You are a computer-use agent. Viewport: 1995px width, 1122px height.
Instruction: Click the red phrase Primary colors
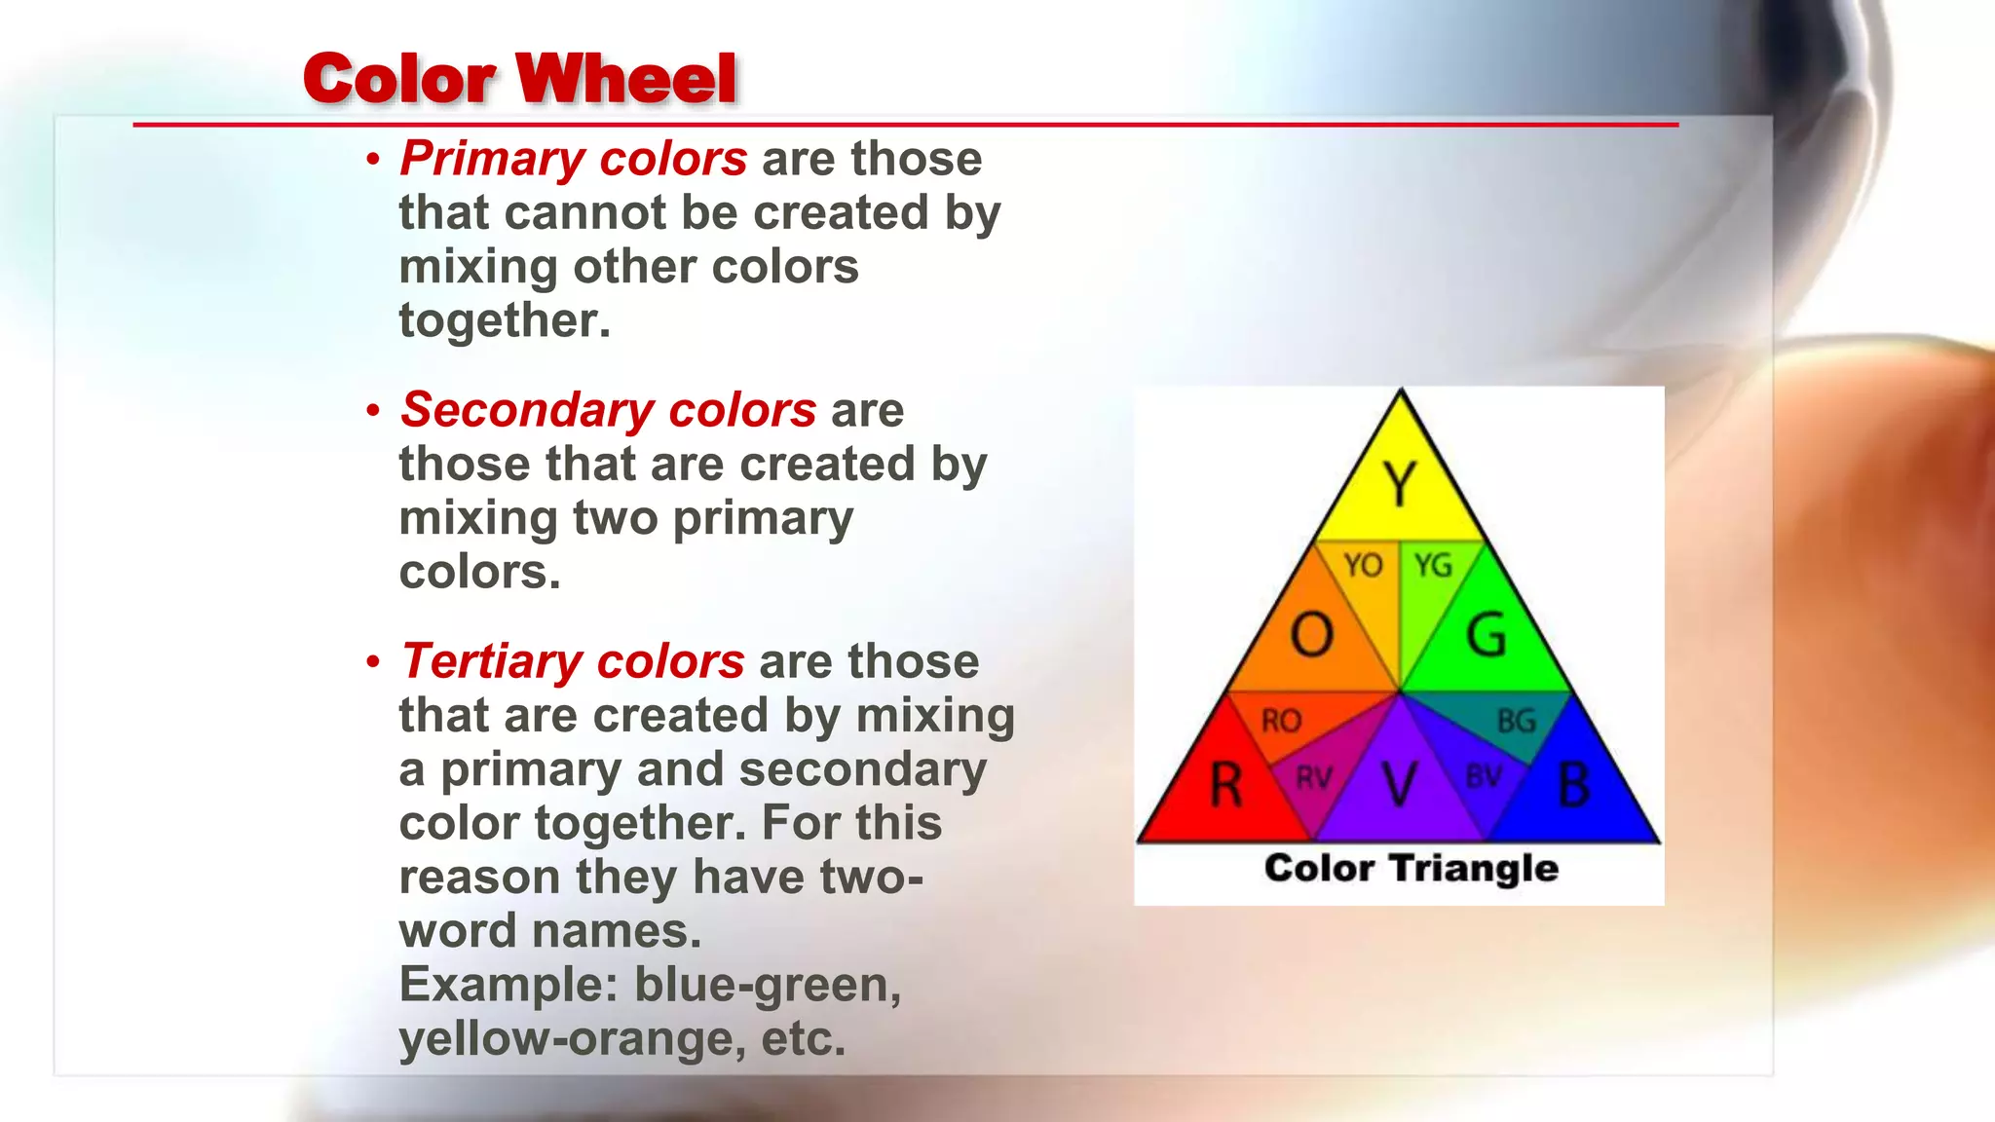pyautogui.click(x=573, y=159)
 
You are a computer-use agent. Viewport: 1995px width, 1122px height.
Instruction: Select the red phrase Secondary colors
pyautogui.click(x=608, y=410)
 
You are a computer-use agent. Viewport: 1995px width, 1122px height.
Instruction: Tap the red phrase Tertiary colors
pyautogui.click(x=572, y=661)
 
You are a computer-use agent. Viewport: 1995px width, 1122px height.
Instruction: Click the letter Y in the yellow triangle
pyautogui.click(x=1400, y=484)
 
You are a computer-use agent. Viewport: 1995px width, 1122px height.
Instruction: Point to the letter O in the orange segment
pyautogui.click(x=1311, y=635)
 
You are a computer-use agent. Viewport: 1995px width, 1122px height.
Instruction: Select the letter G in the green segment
pyautogui.click(x=1487, y=635)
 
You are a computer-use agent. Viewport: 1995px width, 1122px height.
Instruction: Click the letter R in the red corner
pyautogui.click(x=1226, y=785)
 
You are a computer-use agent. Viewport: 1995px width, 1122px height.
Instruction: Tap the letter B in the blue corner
pyautogui.click(x=1573, y=785)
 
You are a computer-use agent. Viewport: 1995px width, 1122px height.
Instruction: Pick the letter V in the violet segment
pyautogui.click(x=1400, y=785)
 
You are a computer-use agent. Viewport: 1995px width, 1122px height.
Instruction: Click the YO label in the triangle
pyautogui.click(x=1363, y=565)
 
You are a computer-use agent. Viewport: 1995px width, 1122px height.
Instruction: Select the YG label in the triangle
pyautogui.click(x=1433, y=565)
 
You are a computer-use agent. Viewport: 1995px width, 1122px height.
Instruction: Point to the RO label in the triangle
pyautogui.click(x=1281, y=721)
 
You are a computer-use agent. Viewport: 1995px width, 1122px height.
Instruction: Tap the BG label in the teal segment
pyautogui.click(x=1516, y=721)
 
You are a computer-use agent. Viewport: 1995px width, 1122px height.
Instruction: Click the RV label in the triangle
pyautogui.click(x=1313, y=777)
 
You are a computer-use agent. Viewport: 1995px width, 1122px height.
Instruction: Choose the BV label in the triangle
pyautogui.click(x=1484, y=777)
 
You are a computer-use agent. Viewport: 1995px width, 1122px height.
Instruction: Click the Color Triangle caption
pyautogui.click(x=1411, y=868)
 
